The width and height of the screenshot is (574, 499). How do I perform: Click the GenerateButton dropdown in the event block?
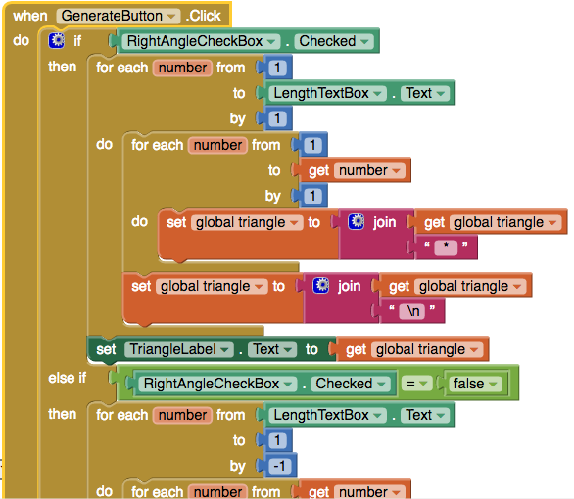pos(119,16)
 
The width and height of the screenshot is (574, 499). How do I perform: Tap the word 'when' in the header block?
pos(30,16)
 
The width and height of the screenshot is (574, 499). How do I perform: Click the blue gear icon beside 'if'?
pos(57,40)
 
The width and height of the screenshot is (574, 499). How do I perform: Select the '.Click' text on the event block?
pos(204,16)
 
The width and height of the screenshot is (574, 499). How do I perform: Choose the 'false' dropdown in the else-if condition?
pos(475,384)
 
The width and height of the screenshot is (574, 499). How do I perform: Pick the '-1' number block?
pos(280,466)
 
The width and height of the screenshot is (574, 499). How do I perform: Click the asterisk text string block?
pos(446,248)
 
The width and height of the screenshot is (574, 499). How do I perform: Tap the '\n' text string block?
pos(411,311)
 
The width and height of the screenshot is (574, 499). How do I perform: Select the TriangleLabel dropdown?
pos(178,350)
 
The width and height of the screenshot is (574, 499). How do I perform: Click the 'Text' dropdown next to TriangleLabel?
pos(271,350)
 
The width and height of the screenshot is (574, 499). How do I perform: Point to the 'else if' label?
pos(68,378)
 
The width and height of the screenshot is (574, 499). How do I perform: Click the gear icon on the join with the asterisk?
pos(357,222)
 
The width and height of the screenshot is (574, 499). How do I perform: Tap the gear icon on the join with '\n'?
pos(321,286)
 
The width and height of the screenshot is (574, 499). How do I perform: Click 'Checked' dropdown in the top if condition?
pos(334,41)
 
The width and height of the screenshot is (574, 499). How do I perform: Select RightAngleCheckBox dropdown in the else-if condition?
pos(217,384)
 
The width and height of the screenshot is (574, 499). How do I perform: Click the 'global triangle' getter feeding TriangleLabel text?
pos(412,350)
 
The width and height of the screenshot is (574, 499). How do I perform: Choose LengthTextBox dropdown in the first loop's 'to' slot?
pos(327,93)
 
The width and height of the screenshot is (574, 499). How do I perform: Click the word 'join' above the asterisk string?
pos(384,222)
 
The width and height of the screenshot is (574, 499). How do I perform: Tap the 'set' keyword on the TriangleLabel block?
pos(106,350)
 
